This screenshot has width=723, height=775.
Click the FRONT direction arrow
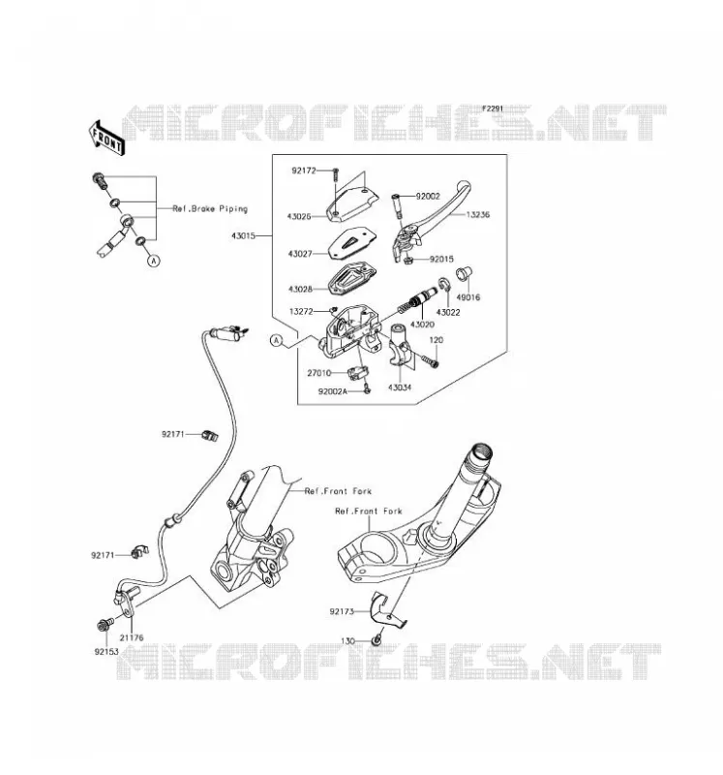click(105, 138)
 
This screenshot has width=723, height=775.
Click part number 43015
click(243, 235)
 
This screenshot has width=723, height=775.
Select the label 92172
click(304, 170)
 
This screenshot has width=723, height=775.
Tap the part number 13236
click(477, 214)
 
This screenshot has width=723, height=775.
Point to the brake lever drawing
click(430, 220)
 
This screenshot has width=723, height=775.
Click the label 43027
click(300, 254)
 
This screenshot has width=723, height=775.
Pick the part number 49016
click(467, 297)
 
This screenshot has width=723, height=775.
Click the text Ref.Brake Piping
click(210, 208)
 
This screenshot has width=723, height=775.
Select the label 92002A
click(333, 391)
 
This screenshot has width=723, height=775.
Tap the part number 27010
click(319, 373)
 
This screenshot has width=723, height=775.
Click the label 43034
click(400, 387)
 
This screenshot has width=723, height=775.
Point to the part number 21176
click(132, 637)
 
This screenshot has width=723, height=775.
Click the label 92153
click(106, 651)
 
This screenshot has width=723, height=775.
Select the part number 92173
click(342, 611)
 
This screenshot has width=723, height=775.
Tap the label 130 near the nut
click(347, 640)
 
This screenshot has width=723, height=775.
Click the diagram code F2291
click(493, 108)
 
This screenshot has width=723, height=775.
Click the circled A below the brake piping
click(154, 260)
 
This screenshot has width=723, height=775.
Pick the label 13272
click(301, 311)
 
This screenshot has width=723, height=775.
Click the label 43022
click(448, 312)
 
